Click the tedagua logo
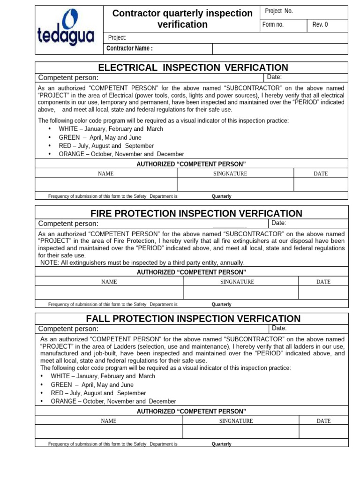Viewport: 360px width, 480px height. click(66, 29)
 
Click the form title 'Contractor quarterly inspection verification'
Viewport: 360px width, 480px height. click(182, 19)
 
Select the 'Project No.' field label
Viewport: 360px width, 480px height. click(278, 11)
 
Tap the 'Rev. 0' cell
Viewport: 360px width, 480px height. click(320, 25)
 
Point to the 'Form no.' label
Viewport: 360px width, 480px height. click(273, 25)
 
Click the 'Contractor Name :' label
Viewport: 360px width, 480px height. click(130, 48)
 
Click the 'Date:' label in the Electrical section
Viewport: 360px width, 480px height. click(274, 77)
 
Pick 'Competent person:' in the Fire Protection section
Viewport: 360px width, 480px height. click(68, 224)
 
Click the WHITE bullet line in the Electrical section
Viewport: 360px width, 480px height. click(111, 129)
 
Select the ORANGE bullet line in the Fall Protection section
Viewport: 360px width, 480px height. click(113, 401)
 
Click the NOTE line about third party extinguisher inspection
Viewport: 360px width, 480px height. click(142, 262)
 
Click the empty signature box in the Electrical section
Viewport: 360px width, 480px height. click(235, 184)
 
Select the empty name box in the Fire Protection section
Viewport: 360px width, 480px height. click(109, 292)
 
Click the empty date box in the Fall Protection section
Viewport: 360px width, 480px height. click(323, 431)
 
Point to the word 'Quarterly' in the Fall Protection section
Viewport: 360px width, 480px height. click(222, 444)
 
